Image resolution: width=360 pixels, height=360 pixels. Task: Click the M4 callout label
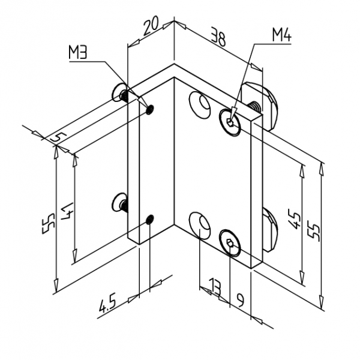(283, 35)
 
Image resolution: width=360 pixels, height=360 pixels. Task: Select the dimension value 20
(151, 25)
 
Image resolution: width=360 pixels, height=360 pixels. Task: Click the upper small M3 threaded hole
(151, 109)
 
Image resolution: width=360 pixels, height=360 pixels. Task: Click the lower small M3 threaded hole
(151, 220)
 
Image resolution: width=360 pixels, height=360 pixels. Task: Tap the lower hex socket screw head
(230, 243)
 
